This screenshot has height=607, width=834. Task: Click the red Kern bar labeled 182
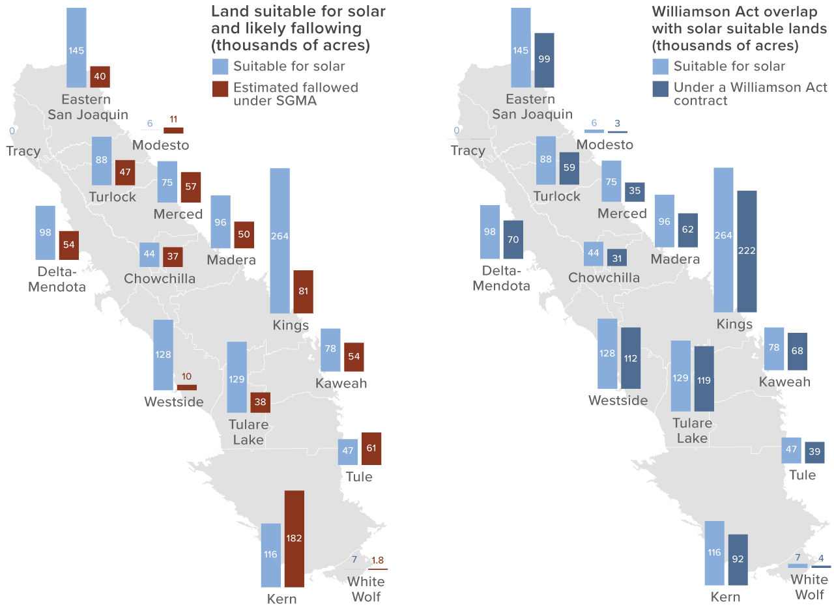(x=294, y=539)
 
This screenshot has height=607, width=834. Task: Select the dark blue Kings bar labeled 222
(x=747, y=251)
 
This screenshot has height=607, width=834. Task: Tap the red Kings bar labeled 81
(x=303, y=291)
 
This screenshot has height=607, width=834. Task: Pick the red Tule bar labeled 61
(x=371, y=449)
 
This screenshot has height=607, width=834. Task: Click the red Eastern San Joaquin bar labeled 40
(x=100, y=77)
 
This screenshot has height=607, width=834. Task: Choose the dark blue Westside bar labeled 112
(x=631, y=358)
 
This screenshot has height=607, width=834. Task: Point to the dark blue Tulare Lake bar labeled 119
(x=704, y=378)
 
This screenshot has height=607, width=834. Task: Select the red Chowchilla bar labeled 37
(x=173, y=257)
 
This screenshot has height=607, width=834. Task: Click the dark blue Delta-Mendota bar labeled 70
(x=513, y=239)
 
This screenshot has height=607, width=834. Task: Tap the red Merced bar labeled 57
(x=191, y=187)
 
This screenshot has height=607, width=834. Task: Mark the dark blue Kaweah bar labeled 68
(x=798, y=351)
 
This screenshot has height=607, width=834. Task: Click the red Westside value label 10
(x=186, y=376)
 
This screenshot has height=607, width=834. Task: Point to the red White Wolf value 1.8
(x=377, y=560)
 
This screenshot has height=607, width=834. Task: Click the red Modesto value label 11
(x=173, y=119)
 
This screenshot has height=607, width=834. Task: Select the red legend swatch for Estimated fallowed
(x=220, y=89)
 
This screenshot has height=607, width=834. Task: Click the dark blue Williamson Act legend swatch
(x=661, y=89)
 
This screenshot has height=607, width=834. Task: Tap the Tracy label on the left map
(x=23, y=151)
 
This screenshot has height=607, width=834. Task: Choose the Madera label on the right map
(x=675, y=259)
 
